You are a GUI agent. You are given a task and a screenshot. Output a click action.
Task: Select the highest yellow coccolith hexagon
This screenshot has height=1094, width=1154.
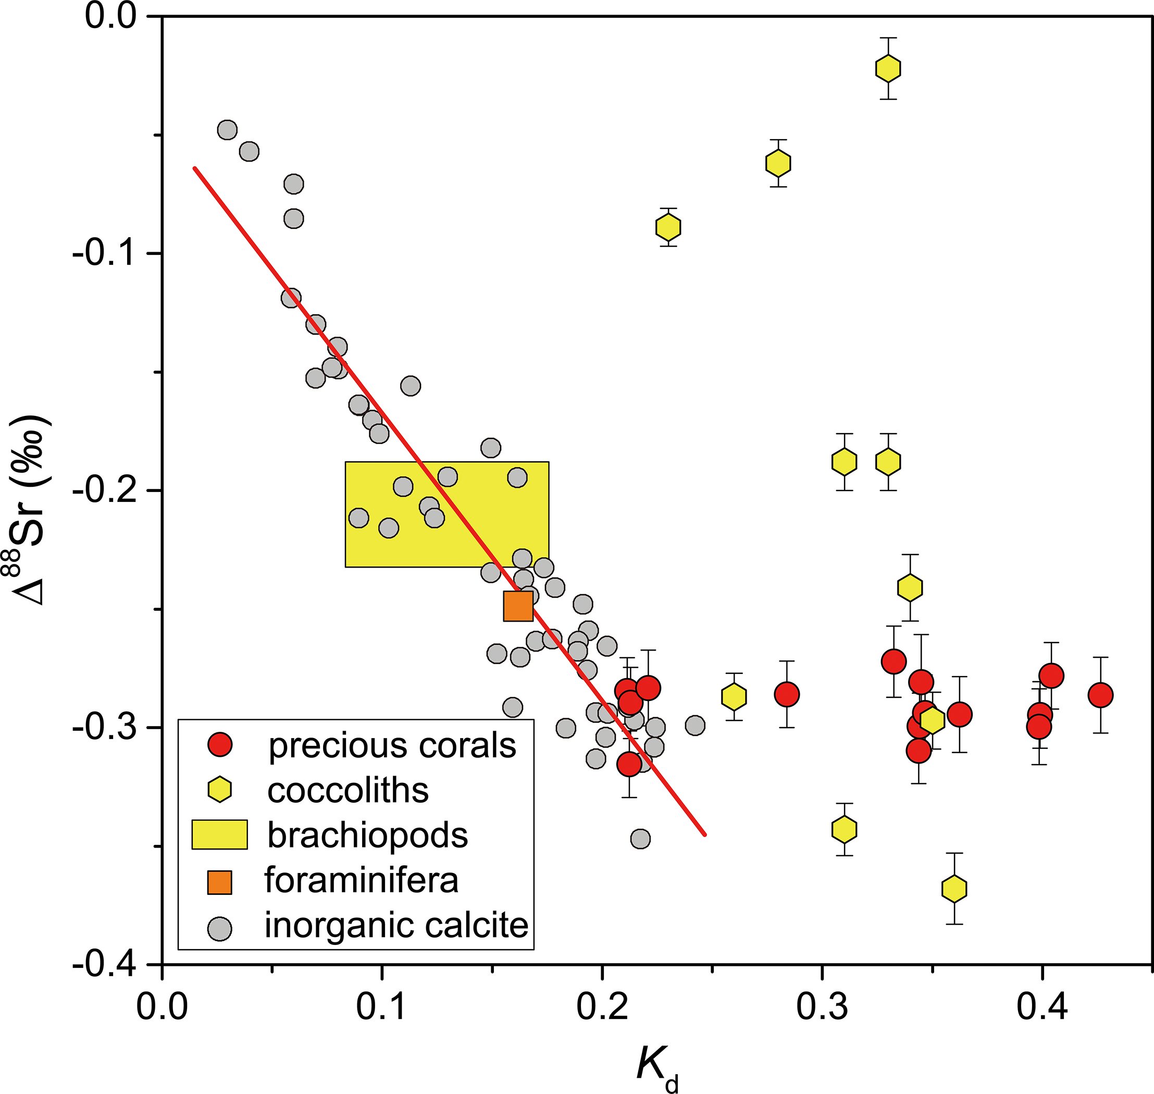click(888, 68)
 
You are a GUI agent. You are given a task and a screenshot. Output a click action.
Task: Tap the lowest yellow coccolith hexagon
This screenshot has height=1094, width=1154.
click(954, 889)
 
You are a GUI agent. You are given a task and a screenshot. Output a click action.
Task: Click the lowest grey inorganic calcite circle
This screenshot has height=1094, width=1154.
click(640, 839)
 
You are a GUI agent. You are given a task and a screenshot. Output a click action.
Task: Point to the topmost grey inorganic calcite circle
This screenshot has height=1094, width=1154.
click(227, 129)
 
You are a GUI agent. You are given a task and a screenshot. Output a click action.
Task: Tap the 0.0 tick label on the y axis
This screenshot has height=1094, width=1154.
click(111, 16)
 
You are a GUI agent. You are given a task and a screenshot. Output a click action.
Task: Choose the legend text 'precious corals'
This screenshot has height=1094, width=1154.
click(392, 745)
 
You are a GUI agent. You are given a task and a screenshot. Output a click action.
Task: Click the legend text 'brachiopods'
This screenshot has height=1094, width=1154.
click(367, 835)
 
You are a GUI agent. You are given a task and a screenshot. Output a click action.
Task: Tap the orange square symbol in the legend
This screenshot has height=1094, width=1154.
click(220, 882)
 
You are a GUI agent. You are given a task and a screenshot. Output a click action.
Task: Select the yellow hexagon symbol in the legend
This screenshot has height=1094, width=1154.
click(220, 790)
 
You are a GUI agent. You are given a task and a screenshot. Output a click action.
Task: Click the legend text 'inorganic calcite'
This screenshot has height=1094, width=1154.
click(396, 925)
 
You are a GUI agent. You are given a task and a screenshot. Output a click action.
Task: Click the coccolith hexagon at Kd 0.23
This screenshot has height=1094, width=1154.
click(668, 227)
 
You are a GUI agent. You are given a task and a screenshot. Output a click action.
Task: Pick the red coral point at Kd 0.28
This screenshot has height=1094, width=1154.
click(787, 694)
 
